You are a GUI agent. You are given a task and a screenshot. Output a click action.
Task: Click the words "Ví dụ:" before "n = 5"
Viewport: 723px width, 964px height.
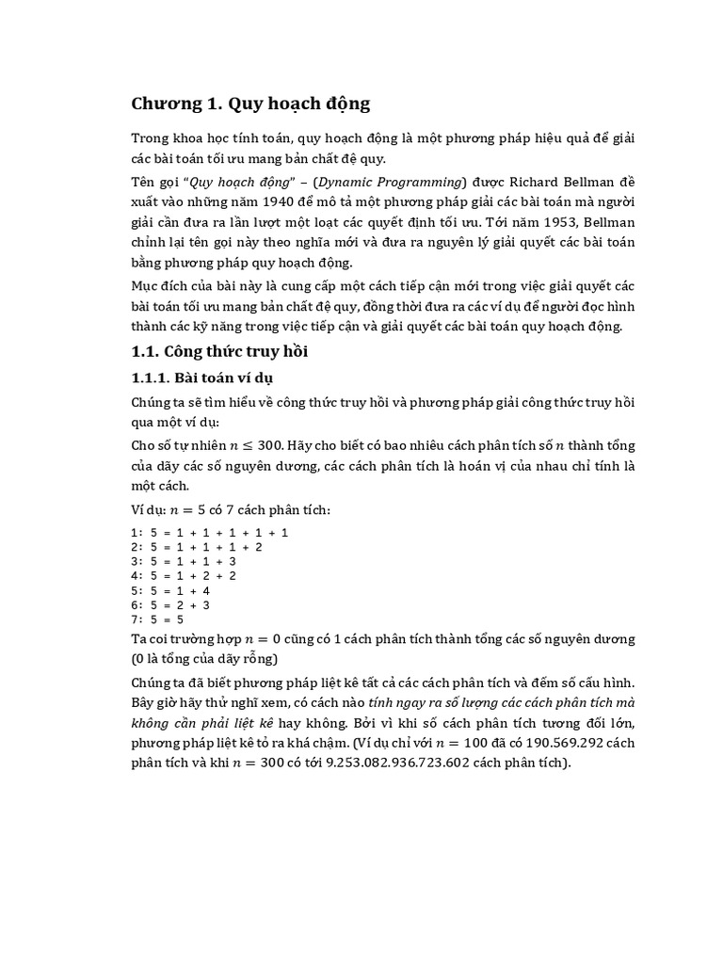(148, 510)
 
